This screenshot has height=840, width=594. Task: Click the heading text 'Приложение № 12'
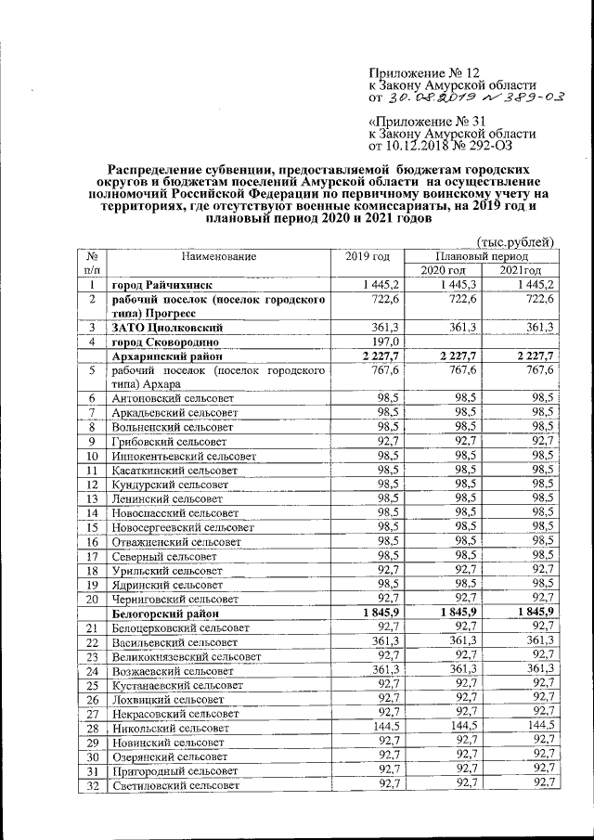click(426, 71)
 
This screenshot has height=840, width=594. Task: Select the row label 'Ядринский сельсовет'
click(167, 585)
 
